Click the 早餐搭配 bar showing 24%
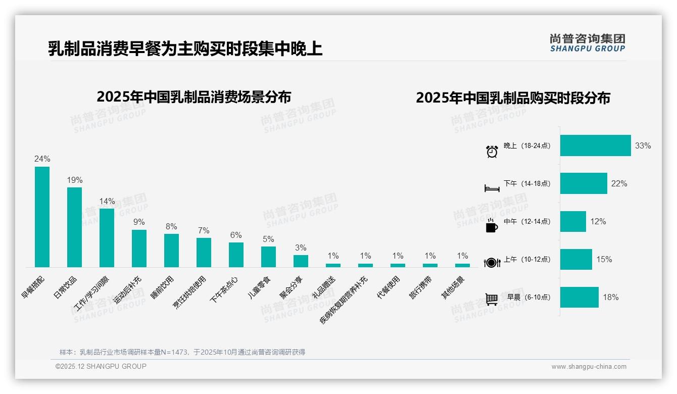(x=42, y=217)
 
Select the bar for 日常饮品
(x=74, y=227)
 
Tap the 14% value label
(x=107, y=201)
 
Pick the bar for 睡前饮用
(x=171, y=250)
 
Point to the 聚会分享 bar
(x=301, y=261)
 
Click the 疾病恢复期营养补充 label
(x=343, y=300)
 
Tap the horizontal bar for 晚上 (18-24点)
(x=595, y=145)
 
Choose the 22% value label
(x=619, y=184)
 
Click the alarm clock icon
(x=492, y=151)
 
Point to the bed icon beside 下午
(x=492, y=188)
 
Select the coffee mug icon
(x=492, y=226)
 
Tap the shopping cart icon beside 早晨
(x=492, y=300)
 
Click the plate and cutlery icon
(x=492, y=263)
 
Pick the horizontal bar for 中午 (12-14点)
(x=573, y=221)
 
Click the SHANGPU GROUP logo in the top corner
(x=587, y=43)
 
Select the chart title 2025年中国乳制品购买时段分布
(x=513, y=97)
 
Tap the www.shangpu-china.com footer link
(x=589, y=367)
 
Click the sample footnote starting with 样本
(x=182, y=352)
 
